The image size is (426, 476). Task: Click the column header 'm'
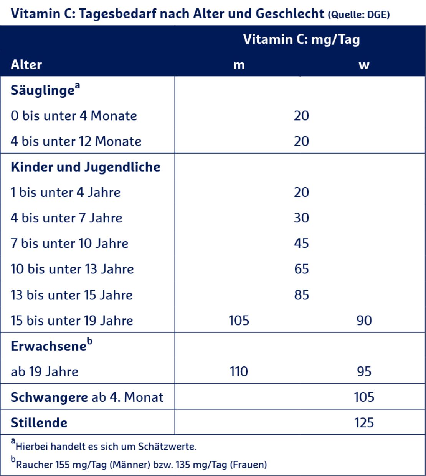239,65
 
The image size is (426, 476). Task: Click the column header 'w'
364,65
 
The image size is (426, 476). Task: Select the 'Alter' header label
26,64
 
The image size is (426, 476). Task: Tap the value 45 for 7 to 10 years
301,243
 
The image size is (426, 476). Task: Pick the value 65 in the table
301,269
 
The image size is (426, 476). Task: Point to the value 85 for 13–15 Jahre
301,295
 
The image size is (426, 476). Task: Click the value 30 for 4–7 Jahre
301,218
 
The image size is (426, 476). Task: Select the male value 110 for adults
239,371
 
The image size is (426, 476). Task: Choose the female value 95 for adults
364,371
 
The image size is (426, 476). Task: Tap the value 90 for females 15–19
364,321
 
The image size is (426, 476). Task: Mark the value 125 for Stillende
364,423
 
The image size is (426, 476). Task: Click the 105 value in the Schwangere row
364,397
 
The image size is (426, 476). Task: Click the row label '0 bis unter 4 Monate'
74,116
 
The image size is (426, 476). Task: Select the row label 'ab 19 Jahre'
45,371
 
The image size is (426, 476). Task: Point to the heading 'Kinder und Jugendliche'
86,167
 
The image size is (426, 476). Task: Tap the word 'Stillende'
39,423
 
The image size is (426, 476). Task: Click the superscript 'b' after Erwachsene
89,341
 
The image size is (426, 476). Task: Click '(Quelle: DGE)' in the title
358,15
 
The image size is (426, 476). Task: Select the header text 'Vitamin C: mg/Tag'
301,39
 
